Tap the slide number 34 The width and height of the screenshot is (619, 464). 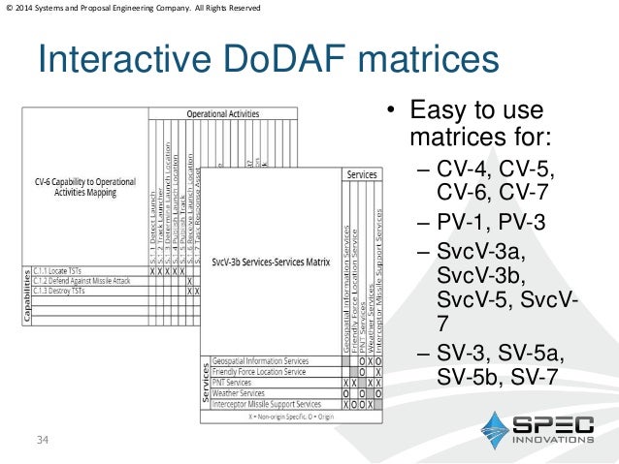[42, 442]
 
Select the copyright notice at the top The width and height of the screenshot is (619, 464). [133, 9]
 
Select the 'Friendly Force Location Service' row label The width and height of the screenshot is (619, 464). [260, 371]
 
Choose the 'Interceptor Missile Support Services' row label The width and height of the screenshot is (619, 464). [267, 404]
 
